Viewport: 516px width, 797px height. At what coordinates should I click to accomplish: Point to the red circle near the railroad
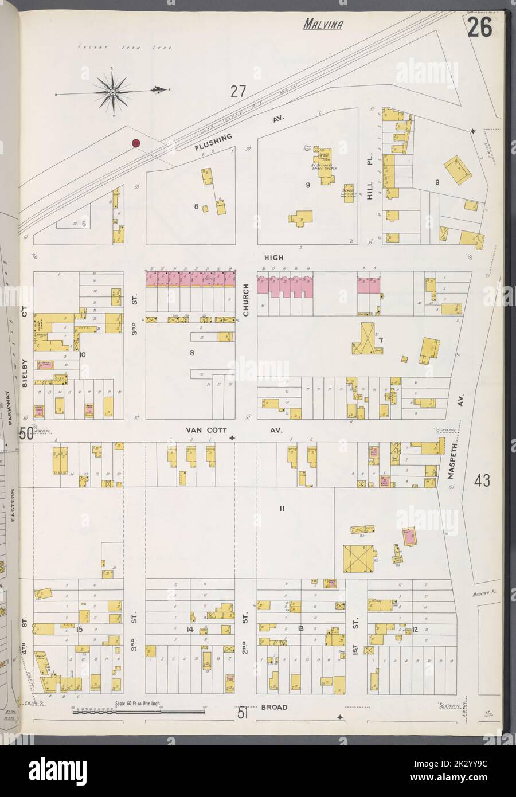pyautogui.click(x=136, y=143)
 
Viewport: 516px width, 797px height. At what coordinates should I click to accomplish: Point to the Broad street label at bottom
pyautogui.click(x=275, y=708)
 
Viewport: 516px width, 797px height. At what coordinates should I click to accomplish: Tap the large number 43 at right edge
pyautogui.click(x=482, y=482)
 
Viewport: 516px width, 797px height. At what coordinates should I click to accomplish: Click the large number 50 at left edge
pyautogui.click(x=25, y=434)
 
